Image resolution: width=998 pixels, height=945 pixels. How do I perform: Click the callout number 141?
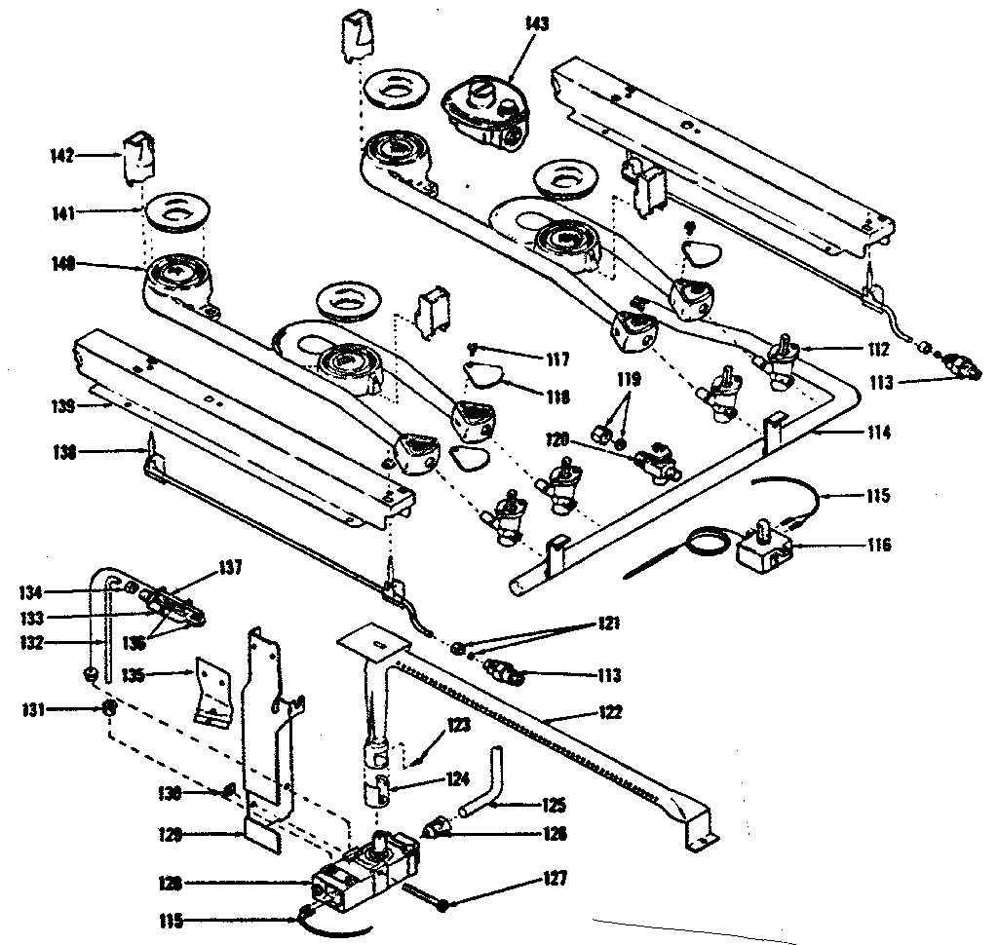64,210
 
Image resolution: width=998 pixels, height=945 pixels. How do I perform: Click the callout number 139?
63,406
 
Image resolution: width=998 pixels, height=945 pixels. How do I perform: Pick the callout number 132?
63,643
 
